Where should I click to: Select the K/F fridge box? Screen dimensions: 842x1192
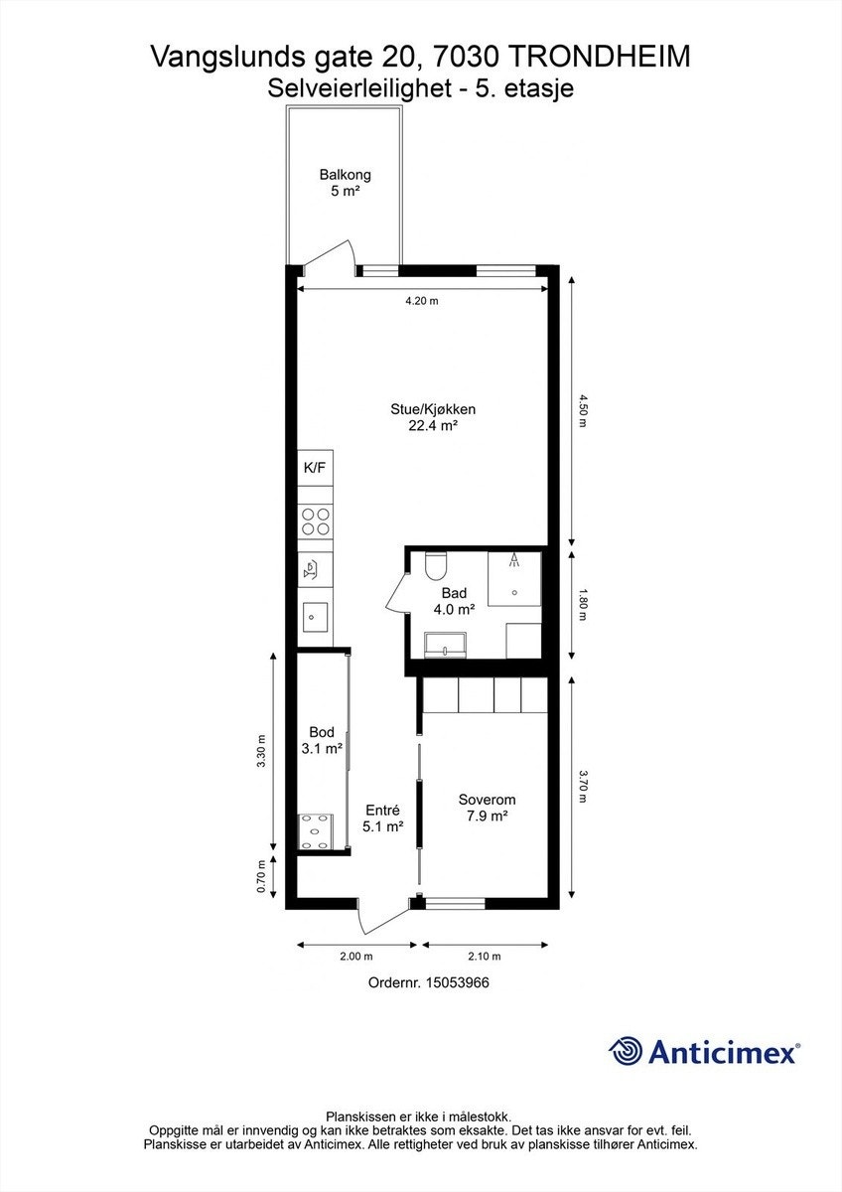315,467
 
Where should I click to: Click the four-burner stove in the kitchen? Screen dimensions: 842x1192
315,521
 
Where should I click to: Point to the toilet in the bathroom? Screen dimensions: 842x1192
436,565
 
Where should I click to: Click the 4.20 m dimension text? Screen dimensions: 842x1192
422,301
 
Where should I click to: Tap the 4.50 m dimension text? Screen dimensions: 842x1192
582,410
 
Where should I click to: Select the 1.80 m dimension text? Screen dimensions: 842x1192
582,604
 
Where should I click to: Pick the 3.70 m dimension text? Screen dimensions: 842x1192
582,786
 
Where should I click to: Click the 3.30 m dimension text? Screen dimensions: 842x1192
260,751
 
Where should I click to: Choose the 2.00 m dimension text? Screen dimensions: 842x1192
355,957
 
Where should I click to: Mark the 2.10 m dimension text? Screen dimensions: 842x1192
484,957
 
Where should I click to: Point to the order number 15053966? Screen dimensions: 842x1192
458,982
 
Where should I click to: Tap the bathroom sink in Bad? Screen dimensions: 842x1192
445,645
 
